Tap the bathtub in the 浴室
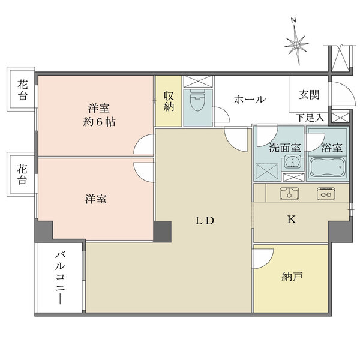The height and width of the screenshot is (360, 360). pos(327,167)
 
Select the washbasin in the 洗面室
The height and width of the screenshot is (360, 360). pos(293,161)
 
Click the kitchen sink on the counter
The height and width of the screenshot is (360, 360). pos(289,193)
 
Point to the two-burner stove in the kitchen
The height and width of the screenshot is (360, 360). pos(326,194)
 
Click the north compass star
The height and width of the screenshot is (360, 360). pos(296,47)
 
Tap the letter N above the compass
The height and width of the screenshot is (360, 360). pos(293,20)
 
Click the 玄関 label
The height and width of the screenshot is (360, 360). pos(309,94)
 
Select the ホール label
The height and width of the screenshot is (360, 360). pos(250,100)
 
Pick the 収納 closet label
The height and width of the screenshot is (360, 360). pos(169,101)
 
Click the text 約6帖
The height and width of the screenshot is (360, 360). pos(99,122)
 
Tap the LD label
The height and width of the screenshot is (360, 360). pos(205,221)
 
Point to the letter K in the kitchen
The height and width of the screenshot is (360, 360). pos(292,220)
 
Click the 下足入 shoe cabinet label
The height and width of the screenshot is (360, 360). pos(311,118)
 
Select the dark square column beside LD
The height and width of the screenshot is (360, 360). pos(163,232)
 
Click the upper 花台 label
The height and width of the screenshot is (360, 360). pos(23,91)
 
